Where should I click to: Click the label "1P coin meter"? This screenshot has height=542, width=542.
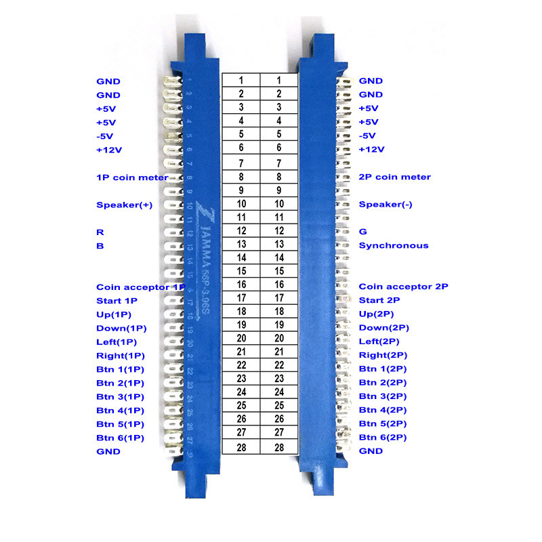click(x=132, y=178)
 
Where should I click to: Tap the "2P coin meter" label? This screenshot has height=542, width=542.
click(x=394, y=178)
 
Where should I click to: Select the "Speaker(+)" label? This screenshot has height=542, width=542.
click(x=124, y=205)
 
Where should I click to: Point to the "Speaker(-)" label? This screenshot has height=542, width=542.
click(x=385, y=205)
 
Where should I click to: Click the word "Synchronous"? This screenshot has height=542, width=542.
click(x=393, y=245)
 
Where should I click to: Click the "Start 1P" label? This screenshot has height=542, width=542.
click(x=117, y=301)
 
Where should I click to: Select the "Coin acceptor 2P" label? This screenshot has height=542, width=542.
click(x=403, y=287)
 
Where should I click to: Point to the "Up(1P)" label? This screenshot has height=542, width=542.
click(x=114, y=314)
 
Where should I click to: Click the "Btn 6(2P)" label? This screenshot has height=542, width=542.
click(x=382, y=438)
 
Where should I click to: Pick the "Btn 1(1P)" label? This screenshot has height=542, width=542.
click(x=120, y=369)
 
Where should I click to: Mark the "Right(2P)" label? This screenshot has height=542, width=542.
click(x=381, y=355)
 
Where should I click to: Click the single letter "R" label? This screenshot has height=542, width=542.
click(x=100, y=232)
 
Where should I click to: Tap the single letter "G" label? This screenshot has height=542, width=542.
click(x=362, y=232)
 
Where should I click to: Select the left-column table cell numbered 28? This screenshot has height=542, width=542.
click(x=241, y=448)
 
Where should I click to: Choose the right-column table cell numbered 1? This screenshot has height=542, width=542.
click(x=279, y=80)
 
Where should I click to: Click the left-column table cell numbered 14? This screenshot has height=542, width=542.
click(x=241, y=257)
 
